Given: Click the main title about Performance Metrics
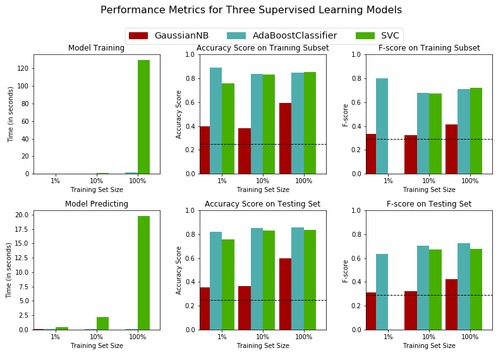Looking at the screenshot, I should coord(251,10).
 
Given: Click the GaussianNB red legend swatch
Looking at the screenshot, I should coord(138,36).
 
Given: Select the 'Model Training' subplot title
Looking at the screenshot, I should coord(96,48).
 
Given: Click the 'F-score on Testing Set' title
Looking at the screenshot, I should coord(429,204).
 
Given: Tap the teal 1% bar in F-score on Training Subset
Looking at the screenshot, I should coord(382,126).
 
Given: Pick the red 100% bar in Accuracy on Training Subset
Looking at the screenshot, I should coord(285,138).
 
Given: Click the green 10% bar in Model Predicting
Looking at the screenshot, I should coord(102,323).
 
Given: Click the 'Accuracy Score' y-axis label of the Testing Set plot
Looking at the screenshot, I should coord(179,270).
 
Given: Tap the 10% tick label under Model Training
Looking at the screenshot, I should coord(96,181).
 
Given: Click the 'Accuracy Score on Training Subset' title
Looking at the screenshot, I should coord(262,48).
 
